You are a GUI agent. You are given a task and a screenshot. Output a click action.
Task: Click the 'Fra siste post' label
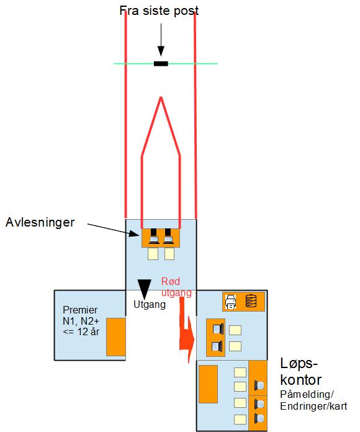tap(159, 11)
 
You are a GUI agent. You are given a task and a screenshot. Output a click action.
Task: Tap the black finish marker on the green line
tap(161, 64)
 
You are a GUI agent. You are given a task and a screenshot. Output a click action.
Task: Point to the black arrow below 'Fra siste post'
tap(161, 40)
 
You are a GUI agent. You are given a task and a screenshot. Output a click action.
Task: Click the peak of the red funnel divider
tap(161, 97)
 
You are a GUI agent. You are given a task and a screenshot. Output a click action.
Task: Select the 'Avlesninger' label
tap(40, 222)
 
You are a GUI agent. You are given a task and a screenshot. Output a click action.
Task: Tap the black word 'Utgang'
tap(150, 304)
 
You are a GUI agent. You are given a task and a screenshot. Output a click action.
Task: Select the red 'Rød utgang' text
tap(176, 287)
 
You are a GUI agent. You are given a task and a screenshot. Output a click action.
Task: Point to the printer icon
tap(231, 302)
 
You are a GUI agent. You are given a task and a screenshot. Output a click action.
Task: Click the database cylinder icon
tap(251, 301)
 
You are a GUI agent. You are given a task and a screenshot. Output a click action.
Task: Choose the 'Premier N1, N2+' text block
tap(81, 321)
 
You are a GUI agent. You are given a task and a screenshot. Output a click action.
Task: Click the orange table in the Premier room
tap(116, 336)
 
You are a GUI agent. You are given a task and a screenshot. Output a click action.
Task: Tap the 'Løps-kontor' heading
tap(300, 372)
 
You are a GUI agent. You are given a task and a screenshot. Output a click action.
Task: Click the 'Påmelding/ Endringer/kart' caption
tap(313, 400)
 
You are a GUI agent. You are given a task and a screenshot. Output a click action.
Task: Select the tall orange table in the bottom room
tap(208, 384)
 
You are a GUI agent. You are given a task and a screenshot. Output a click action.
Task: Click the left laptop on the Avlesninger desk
tap(154, 236)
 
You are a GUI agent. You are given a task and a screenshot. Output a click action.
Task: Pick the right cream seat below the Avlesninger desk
tap(169, 254)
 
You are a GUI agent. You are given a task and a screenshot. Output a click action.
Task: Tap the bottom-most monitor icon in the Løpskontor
tap(259, 418)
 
